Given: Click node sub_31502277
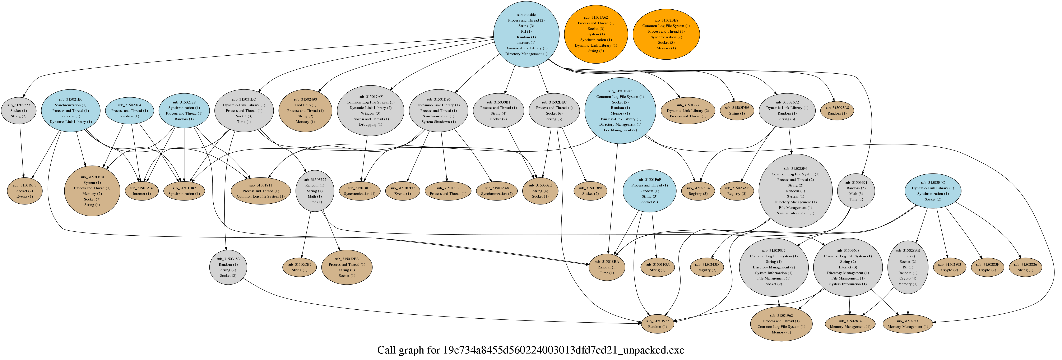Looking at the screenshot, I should (x=19, y=111).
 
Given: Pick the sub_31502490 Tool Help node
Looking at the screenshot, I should (x=306, y=111).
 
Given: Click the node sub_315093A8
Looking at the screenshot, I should (x=837, y=111).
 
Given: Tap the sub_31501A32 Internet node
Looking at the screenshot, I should (x=142, y=190).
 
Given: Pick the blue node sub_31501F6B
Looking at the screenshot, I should (x=649, y=190).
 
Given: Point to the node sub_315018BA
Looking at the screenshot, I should (x=607, y=267).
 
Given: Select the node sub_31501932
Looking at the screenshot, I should (x=658, y=324).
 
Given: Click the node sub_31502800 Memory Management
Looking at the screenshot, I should (x=908, y=324).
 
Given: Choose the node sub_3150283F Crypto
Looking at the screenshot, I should (x=987, y=267).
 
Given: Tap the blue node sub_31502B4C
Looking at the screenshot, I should (x=933, y=190).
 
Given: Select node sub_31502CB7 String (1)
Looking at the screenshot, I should (x=299, y=267).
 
